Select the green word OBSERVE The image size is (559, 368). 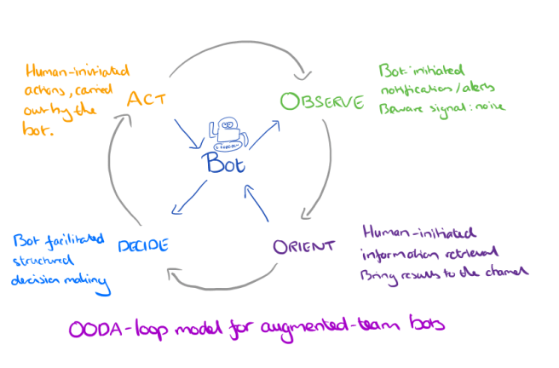[322, 102]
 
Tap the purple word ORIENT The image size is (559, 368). [303, 247]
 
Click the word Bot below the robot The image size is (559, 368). [228, 164]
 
